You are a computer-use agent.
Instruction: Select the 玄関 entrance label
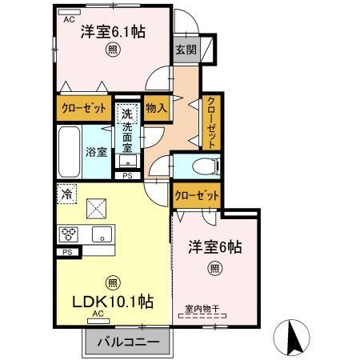pyautogui.click(x=186, y=49)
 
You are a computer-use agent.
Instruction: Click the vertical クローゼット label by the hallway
pyautogui.click(x=210, y=120)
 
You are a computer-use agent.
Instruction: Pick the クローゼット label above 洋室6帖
pyautogui.click(x=197, y=194)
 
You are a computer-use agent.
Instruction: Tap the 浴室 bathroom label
pyautogui.click(x=97, y=152)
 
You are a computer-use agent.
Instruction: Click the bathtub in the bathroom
pyautogui.click(x=70, y=151)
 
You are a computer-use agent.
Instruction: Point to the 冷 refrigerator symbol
pyautogui.click(x=67, y=194)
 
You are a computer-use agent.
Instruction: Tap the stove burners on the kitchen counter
pyautogui.click(x=70, y=234)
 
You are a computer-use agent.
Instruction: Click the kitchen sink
pyautogui.click(x=102, y=234)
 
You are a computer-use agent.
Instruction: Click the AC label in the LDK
pyautogui.click(x=98, y=314)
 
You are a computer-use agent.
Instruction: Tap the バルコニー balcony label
pyautogui.click(x=127, y=342)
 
